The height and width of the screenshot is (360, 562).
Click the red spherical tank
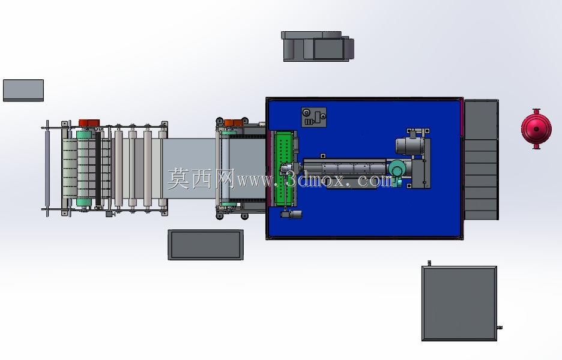(536, 129)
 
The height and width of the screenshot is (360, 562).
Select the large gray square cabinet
(459, 304)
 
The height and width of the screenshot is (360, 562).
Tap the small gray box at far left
(23, 90)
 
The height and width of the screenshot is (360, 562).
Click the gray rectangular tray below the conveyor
(206, 245)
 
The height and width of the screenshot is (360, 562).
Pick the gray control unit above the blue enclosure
(318, 46)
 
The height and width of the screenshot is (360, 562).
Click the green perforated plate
(285, 169)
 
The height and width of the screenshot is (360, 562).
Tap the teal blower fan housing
(397, 169)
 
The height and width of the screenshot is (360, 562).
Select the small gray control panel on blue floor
(313, 117)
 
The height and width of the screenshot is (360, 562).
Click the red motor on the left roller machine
(89, 123)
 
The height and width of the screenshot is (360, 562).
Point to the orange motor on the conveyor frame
(234, 123)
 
